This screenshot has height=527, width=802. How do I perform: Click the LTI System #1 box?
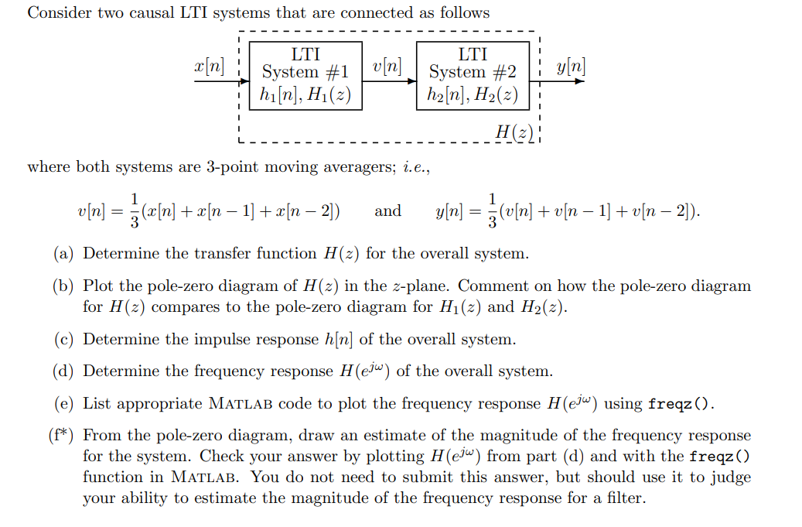click(x=305, y=75)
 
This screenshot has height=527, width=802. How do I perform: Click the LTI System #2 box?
click(x=473, y=75)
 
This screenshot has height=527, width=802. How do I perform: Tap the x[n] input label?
click(x=209, y=65)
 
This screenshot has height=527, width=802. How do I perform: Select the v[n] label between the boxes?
click(x=387, y=65)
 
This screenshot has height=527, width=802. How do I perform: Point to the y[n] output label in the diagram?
click(x=571, y=65)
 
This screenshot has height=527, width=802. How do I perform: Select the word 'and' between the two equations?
click(x=387, y=210)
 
